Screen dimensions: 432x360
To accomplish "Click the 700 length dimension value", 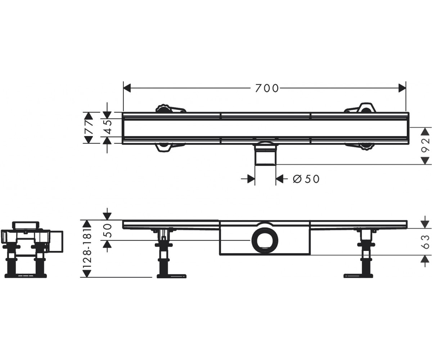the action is (267, 88).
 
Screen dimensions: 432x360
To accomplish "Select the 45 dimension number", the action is (107, 127).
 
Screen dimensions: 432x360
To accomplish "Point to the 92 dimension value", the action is (426, 145).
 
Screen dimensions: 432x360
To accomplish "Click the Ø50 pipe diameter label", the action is (306, 179).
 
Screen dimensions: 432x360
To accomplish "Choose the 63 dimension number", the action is (426, 242).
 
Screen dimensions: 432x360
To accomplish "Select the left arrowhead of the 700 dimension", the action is (127, 88).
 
